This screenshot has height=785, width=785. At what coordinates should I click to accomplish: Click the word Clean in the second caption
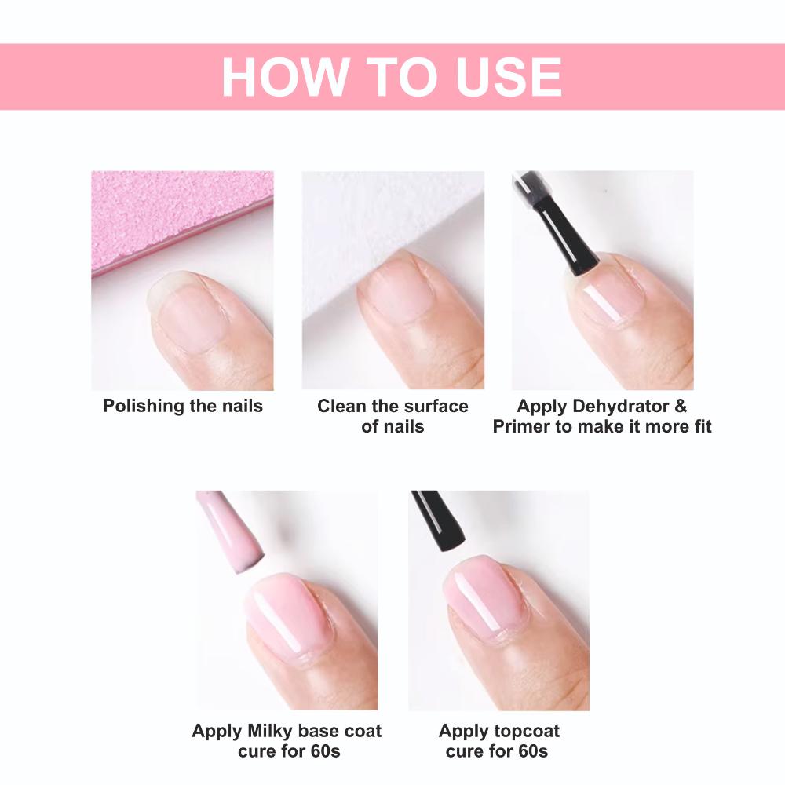342,406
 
